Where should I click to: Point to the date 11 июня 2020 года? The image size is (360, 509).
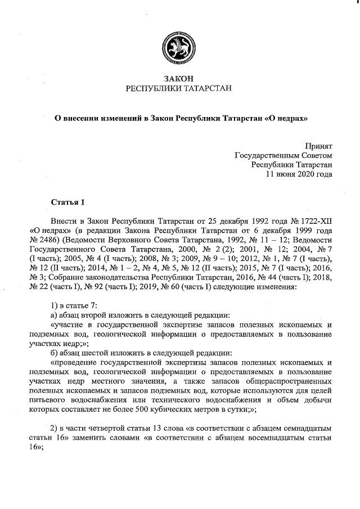pyautogui.click(x=298, y=174)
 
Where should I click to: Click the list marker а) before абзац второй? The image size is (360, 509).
pyautogui.click(x=54, y=315)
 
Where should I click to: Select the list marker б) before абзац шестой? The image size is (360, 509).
pyautogui.click(x=54, y=353)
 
